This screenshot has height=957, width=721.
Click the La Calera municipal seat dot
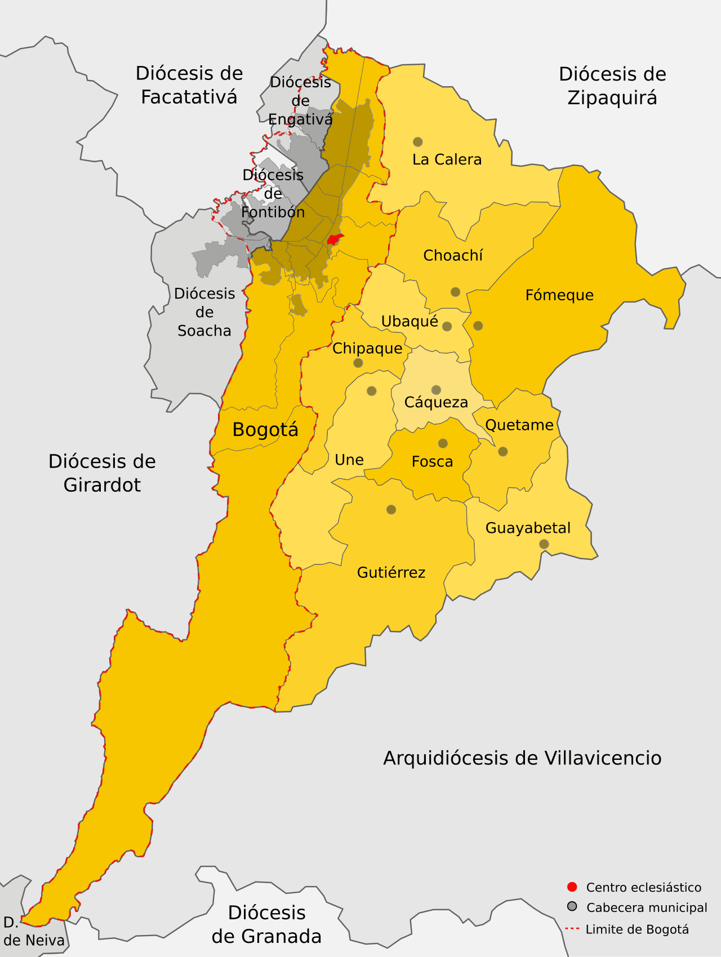(x=417, y=142)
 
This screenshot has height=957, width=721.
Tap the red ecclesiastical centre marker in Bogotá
(x=335, y=239)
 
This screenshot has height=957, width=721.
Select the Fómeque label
(x=559, y=295)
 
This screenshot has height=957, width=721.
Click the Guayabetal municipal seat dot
(x=544, y=544)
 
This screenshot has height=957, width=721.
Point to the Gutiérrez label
(x=391, y=573)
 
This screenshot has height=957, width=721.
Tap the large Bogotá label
(x=265, y=430)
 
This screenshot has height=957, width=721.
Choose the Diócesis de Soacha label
(x=204, y=312)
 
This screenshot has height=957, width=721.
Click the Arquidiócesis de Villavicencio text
(x=522, y=758)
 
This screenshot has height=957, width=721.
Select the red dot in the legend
(x=572, y=887)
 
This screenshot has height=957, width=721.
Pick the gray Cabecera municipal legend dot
(x=572, y=907)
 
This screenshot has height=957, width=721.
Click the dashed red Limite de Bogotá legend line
(x=572, y=929)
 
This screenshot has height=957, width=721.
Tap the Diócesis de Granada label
(x=266, y=924)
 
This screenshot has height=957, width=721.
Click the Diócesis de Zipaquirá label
(x=612, y=86)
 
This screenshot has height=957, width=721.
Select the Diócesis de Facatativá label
(x=189, y=85)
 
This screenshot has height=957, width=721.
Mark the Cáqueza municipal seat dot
(x=436, y=390)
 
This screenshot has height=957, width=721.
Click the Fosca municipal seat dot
(x=443, y=443)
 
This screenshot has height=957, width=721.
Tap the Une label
(x=349, y=460)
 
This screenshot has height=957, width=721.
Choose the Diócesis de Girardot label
(x=102, y=473)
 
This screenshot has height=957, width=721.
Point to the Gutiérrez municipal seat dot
(x=391, y=510)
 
